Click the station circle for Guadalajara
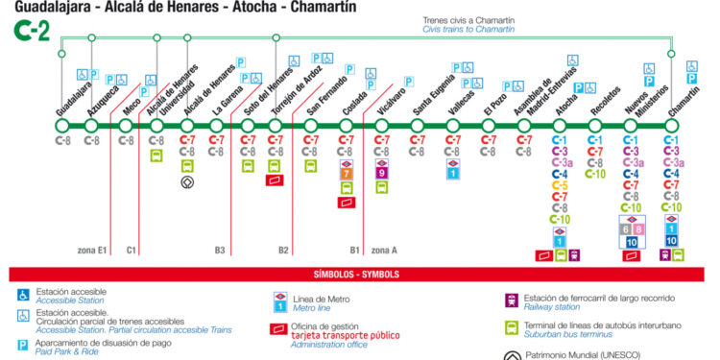click(x=63, y=126)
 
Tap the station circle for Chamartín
click(x=672, y=126)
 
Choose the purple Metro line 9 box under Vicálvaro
click(x=381, y=174)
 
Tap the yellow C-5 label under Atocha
click(x=560, y=186)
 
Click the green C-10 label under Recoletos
click(x=595, y=174)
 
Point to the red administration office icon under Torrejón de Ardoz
click(x=276, y=180)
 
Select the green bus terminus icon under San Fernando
click(x=311, y=165)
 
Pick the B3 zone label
click(x=220, y=252)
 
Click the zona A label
click(x=384, y=252)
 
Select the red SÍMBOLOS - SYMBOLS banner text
click(x=360, y=275)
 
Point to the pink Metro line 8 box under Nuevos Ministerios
click(x=638, y=228)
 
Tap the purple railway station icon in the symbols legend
click(x=513, y=300)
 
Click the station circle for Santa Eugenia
click(x=417, y=126)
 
